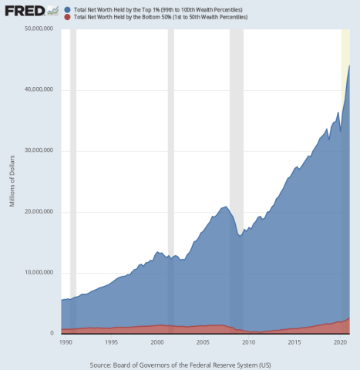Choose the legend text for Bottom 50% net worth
pyautogui.click(x=154, y=16)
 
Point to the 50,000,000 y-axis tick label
pyautogui.click(x=38, y=29)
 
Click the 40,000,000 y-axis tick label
pyautogui.click(x=38, y=89)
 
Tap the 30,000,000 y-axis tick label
pyautogui.click(x=38, y=150)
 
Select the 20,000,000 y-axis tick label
pyautogui.click(x=38, y=211)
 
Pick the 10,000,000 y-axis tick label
pyautogui.click(x=38, y=272)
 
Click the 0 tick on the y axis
pyautogui.click(x=52, y=333)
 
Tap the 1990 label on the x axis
pyautogui.click(x=66, y=341)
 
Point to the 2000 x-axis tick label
pyautogui.click(x=156, y=341)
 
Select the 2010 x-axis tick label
pyautogui.click(x=248, y=341)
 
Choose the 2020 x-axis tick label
pyautogui.click(x=339, y=341)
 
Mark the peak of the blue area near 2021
pyautogui.click(x=349, y=65)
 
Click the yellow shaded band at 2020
pyautogui.click(x=345, y=46)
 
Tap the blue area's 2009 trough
pyautogui.click(x=240, y=235)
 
